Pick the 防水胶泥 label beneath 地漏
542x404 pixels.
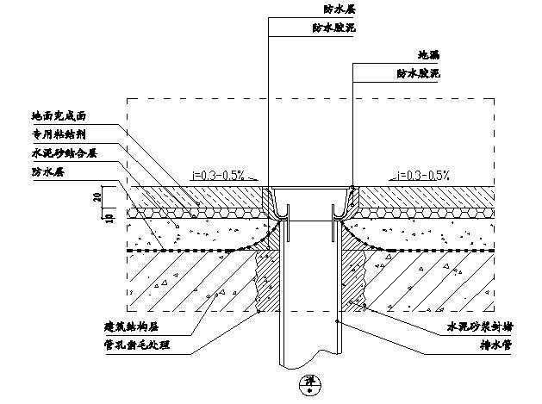(418, 74)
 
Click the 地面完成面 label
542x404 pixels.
(59, 115)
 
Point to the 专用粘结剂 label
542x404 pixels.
(59, 134)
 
